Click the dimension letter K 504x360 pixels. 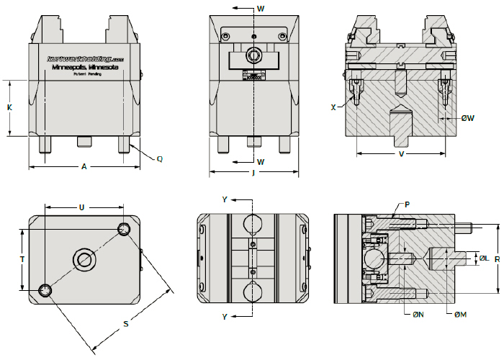(x=9, y=107)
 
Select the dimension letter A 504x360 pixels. (x=84, y=167)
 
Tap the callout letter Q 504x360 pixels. (x=159, y=158)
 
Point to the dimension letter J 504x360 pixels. (x=254, y=173)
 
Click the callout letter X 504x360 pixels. (x=333, y=107)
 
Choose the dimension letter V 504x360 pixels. (x=401, y=154)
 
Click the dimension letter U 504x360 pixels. (x=81, y=207)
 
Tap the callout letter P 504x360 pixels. (x=408, y=204)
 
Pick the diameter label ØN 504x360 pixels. (x=418, y=314)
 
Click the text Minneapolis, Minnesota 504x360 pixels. (x=84, y=67)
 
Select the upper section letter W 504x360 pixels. (x=261, y=9)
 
